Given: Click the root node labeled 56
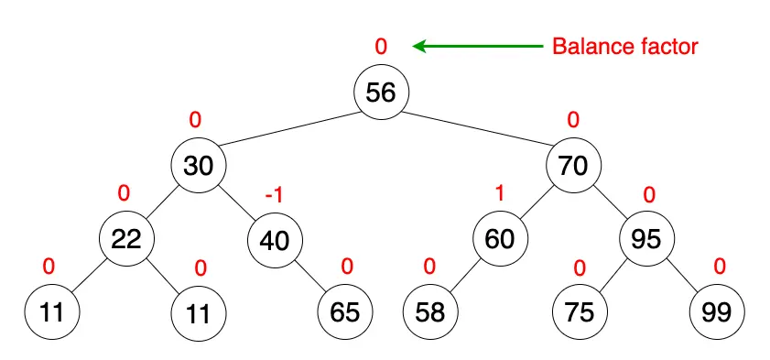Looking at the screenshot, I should [382, 93].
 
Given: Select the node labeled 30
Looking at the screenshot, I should [198, 166].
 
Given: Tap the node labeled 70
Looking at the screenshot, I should [573, 166].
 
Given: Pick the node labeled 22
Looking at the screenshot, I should [126, 240].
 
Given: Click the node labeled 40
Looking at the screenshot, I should [274, 240].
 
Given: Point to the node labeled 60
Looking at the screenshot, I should [500, 240].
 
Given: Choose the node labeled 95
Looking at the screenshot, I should [647, 240].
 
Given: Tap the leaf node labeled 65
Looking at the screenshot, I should [345, 312].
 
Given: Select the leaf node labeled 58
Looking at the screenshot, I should [430, 312].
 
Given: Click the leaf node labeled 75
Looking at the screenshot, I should [579, 312].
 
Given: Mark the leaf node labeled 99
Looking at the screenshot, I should [718, 312].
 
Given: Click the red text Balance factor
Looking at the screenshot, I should [624, 46].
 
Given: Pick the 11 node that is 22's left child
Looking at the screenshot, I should [51, 312].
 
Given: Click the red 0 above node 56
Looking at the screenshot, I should [382, 45].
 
